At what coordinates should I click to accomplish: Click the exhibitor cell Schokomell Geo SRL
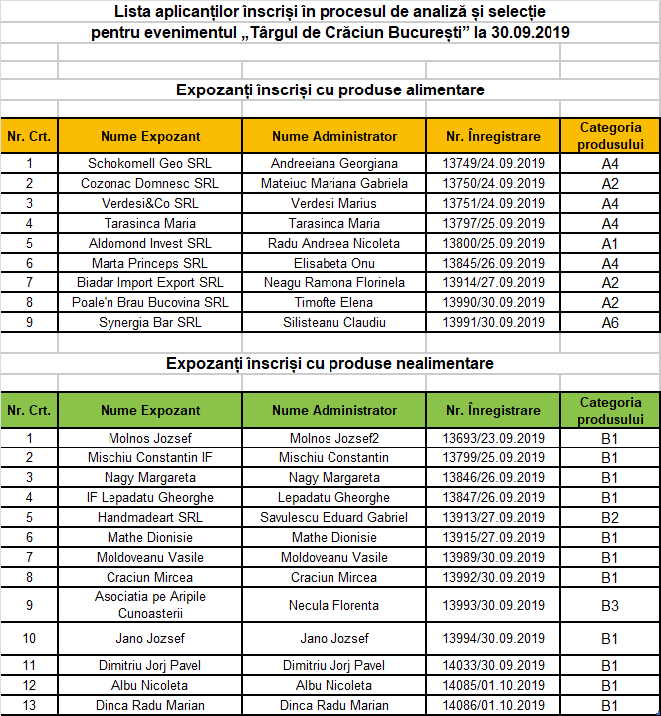[x=149, y=163]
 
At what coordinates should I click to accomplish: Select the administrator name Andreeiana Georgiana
[x=334, y=163]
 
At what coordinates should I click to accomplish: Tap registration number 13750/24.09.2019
[x=493, y=183]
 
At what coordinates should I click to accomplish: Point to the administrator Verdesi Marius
[x=334, y=203]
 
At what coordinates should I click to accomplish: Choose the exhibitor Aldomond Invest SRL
[x=149, y=243]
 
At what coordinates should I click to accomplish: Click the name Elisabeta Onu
[x=334, y=263]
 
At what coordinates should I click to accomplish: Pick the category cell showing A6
[x=610, y=323]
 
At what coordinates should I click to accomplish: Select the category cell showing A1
[x=610, y=244]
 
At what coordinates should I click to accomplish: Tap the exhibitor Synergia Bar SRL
[x=149, y=322]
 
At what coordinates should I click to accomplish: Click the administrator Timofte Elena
[x=334, y=302]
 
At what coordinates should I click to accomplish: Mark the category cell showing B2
[x=610, y=518]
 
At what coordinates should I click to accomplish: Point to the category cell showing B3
[x=610, y=605]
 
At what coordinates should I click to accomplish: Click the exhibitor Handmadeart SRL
[x=149, y=517]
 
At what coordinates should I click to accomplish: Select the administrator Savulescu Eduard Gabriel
[x=334, y=517]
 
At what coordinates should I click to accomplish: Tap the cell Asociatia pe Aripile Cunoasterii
[x=149, y=604]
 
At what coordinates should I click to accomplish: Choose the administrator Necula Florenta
[x=334, y=605]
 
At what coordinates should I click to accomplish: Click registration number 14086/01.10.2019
[x=493, y=705]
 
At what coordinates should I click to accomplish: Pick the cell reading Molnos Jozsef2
[x=334, y=438]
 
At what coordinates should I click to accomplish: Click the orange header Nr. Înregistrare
[x=493, y=136]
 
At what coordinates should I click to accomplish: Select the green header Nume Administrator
[x=334, y=410]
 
